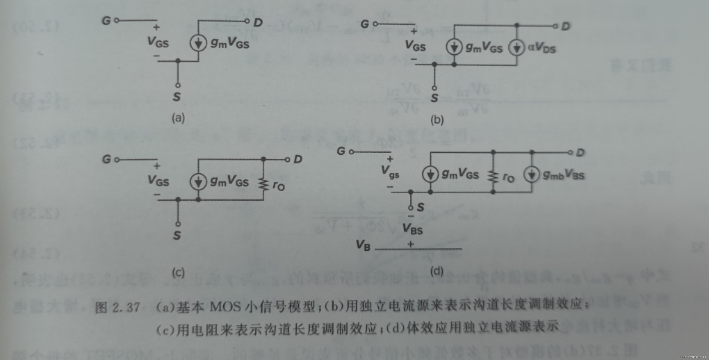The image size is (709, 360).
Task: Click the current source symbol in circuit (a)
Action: pyautogui.click(x=198, y=43)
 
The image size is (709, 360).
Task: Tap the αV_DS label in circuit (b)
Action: pyautogui.click(x=541, y=48)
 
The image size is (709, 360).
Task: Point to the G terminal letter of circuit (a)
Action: pyautogui.click(x=106, y=21)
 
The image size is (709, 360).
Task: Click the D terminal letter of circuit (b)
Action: pyautogui.click(x=566, y=26)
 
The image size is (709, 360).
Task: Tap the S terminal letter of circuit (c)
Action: pyautogui.click(x=177, y=235)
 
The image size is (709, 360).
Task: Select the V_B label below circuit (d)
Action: pyautogui.click(x=363, y=245)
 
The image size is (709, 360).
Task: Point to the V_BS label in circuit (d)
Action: pyautogui.click(x=412, y=229)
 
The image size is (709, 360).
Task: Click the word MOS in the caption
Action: pyautogui.click(x=225, y=307)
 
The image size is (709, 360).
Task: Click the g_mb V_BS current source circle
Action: pyautogui.click(x=531, y=174)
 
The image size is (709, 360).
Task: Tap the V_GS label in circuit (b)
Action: pyautogui.click(x=415, y=46)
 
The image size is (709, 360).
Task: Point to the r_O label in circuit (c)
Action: pyautogui.click(x=278, y=186)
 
